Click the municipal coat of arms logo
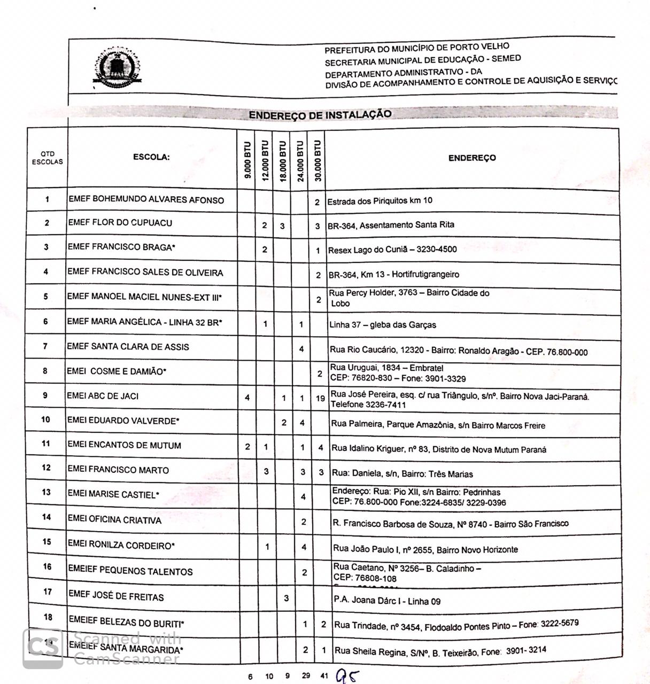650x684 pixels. pos(118,67)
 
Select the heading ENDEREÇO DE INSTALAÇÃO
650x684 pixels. pos(320,114)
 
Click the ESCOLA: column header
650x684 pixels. pos(151,157)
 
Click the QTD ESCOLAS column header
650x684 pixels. pos(47,158)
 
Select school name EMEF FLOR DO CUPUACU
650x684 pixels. pos(120,223)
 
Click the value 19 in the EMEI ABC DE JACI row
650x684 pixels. pos(320,398)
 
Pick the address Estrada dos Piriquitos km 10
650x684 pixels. pos(380,201)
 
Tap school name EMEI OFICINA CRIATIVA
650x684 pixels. pos(114,519)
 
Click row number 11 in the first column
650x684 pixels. pos(46,444)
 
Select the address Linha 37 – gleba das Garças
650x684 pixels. pos(383,324)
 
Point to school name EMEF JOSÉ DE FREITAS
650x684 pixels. pos(116,596)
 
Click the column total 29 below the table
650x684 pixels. pos(306,675)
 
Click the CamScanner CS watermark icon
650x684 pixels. pos(43,648)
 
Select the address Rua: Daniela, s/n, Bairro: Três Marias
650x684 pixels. pos(403,473)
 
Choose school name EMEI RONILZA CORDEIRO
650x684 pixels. pos(121,545)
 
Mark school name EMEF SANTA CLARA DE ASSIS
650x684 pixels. pos(128,346)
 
